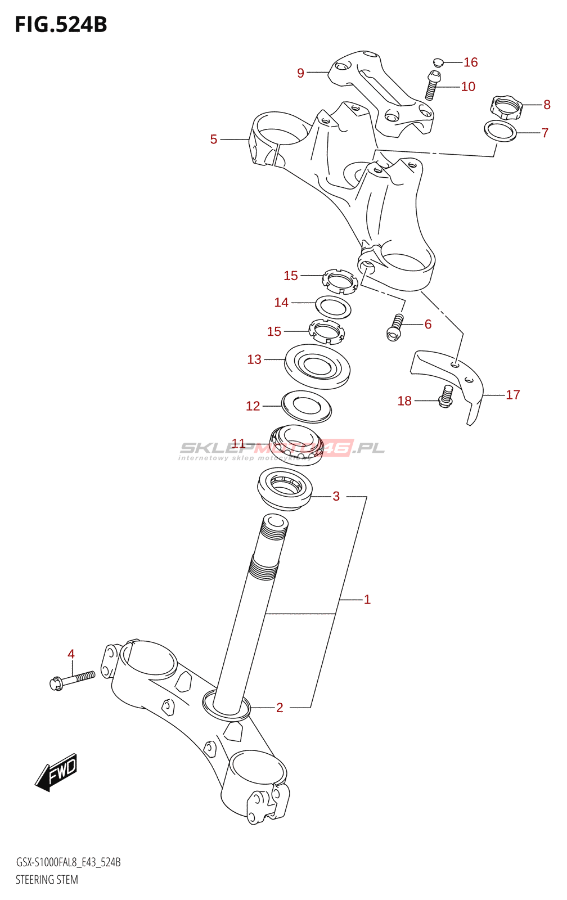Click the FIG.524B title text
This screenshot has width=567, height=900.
coord(61,25)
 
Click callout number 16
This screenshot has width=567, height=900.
coord(470,62)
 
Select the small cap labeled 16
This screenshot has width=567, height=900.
coord(439,61)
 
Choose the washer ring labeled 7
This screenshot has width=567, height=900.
coord(500,130)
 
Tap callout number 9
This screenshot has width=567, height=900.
coord(300,73)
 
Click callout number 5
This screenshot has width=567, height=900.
coord(214,139)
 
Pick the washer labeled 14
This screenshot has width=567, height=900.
coord(333,307)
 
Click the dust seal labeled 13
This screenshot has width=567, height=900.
coord(317,366)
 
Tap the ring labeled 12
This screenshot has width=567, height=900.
coord(306,406)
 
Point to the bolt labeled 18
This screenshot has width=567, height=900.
coord(446,397)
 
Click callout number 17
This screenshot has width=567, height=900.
coord(512,395)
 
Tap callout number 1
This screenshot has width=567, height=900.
coord(367,600)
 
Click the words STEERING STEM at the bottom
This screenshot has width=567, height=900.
coord(47,880)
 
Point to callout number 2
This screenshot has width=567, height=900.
coord(280,708)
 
